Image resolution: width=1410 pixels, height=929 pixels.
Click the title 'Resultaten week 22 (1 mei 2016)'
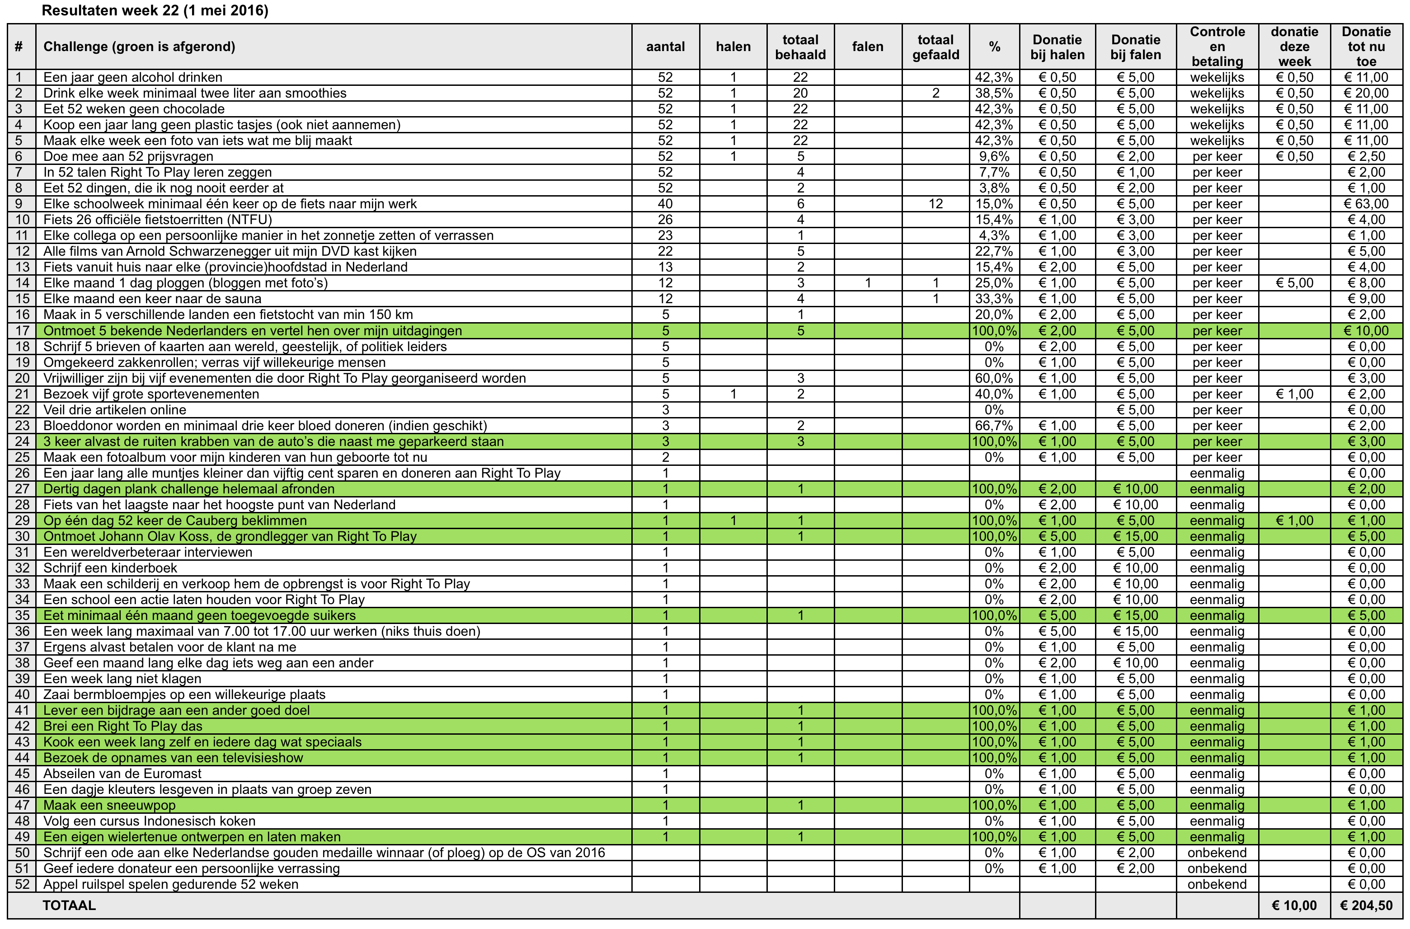(x=155, y=11)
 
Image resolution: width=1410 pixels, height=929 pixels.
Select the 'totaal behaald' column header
(x=800, y=47)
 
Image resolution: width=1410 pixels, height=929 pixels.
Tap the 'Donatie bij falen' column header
(x=1135, y=47)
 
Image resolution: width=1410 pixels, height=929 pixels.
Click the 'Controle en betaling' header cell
(x=1217, y=47)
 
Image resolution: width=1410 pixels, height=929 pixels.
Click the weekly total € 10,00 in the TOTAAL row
(x=1294, y=906)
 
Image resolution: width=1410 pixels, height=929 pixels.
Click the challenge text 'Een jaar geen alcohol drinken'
(x=133, y=77)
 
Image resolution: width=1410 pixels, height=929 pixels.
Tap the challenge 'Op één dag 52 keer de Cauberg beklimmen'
(x=175, y=521)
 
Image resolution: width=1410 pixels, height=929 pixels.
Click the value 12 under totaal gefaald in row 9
(x=935, y=204)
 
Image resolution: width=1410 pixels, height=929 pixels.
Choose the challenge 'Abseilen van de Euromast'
(x=122, y=774)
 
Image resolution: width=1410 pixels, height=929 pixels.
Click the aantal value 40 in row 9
(x=665, y=204)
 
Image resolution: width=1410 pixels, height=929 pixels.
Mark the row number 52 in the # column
(x=22, y=885)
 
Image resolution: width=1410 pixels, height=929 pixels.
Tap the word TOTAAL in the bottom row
(x=69, y=906)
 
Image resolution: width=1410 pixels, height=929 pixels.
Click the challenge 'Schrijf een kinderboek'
(x=110, y=568)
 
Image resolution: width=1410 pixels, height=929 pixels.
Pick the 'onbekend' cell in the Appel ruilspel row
(x=1217, y=885)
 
